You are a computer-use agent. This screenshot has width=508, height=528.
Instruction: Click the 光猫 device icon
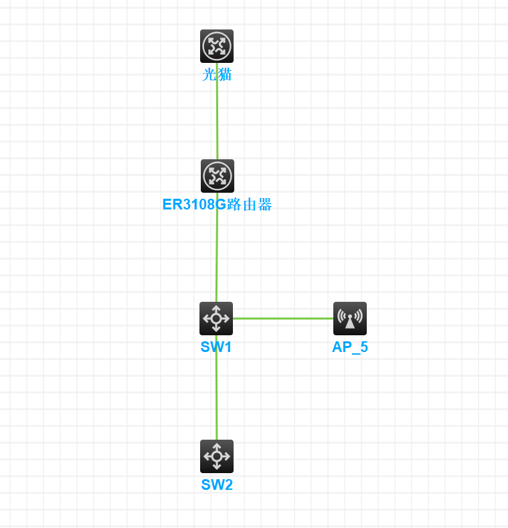pos(217,46)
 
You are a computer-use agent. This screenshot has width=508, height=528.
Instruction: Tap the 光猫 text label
pos(217,74)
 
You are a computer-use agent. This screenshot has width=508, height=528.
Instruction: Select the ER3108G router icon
pos(218,176)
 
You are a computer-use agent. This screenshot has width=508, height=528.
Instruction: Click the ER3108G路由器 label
pos(217,205)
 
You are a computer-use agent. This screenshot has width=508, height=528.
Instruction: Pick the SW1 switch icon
pos(216,319)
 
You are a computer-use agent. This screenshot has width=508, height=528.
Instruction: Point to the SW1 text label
pos(216,347)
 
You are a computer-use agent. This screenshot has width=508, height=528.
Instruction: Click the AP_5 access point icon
pos(350,319)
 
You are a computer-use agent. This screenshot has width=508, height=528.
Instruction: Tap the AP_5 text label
pos(350,347)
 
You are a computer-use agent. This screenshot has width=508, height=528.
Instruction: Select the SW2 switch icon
pos(217,456)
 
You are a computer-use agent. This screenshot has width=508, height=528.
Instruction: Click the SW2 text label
pos(217,485)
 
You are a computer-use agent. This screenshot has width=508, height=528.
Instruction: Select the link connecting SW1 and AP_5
pos(283,319)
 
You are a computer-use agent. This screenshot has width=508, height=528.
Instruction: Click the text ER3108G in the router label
pos(194,205)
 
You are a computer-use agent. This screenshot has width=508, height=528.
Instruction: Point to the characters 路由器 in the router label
pos(250,205)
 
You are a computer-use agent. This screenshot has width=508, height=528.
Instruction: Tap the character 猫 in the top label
pos(224,74)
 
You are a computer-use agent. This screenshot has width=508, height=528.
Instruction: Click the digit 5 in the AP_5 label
pos(363,347)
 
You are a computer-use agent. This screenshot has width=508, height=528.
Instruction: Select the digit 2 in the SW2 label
pos(228,485)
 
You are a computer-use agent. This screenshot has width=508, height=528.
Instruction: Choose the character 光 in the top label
pos(209,74)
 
